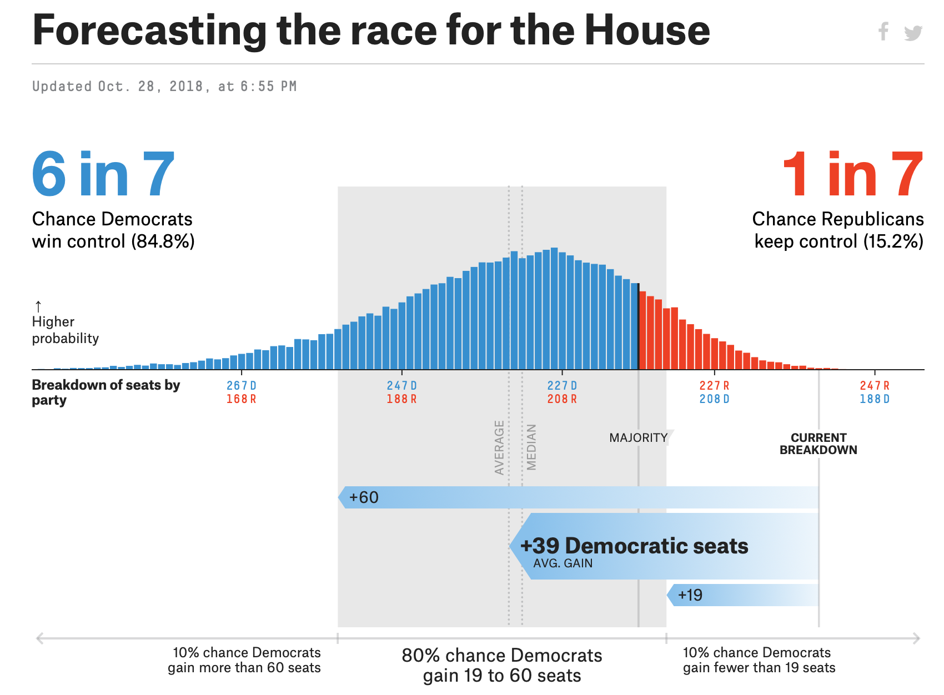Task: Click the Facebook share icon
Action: coord(883,32)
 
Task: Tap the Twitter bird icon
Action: coord(913,33)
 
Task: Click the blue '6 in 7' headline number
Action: coord(103,174)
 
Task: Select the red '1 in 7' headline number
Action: coord(852,174)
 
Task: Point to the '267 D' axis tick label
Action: coord(241,385)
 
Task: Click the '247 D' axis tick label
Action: coord(401,385)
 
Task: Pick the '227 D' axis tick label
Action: coord(562,385)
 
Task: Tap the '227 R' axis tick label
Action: coord(714,385)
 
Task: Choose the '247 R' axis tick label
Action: coord(875,385)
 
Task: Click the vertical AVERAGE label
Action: coord(499,447)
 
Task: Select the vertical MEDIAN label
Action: coord(531,447)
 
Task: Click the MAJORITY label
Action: coord(639,438)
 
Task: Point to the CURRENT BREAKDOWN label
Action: coord(819,444)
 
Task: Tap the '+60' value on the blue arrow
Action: coord(364,497)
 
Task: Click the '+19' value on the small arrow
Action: coord(690,595)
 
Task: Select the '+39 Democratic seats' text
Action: coord(634,546)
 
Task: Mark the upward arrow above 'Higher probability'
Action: coord(38,306)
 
